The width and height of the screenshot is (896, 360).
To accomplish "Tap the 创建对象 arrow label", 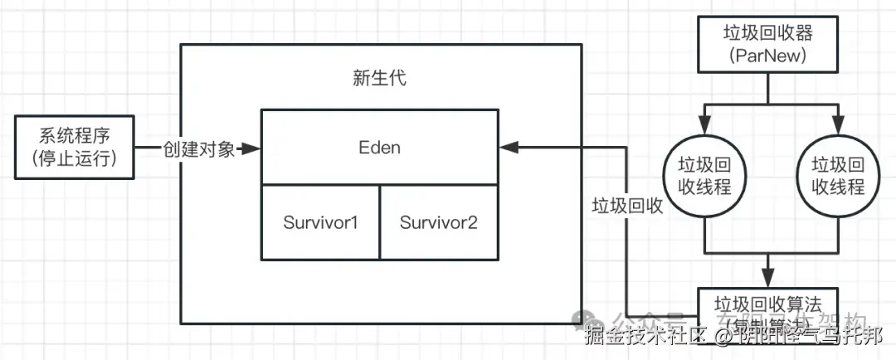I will pyautogui.click(x=198, y=148).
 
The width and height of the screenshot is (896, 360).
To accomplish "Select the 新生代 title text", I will pyautogui.click(x=380, y=80).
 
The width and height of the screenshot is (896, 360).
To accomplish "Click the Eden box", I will pyautogui.click(x=380, y=148).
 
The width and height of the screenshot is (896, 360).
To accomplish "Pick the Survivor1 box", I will pyautogui.click(x=320, y=222).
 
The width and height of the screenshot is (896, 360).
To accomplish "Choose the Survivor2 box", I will pyautogui.click(x=439, y=222).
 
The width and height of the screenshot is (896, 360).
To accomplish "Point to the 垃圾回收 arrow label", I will pyautogui.click(x=627, y=207).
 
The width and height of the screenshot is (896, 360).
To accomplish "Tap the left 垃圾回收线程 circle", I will pyautogui.click(x=705, y=175).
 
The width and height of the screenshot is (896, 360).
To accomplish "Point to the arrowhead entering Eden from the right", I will pyautogui.click(x=509, y=148).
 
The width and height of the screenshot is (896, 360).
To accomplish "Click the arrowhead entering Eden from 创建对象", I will pyautogui.click(x=254, y=148).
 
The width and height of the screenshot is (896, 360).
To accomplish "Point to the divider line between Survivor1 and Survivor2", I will pyautogui.click(x=380, y=222).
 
